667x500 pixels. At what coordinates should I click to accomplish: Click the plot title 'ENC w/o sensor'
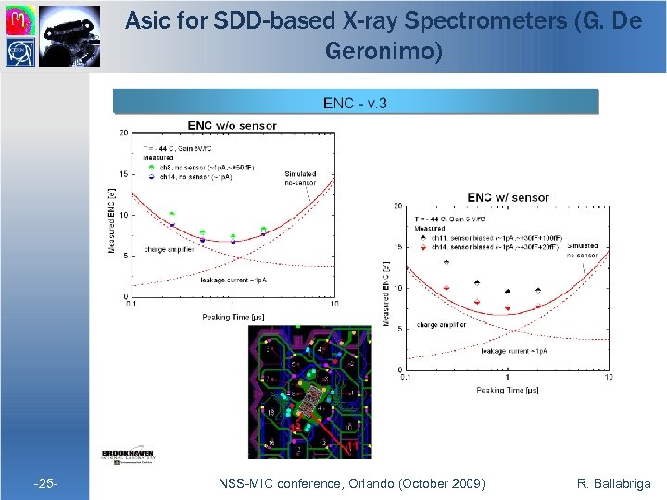click(x=232, y=125)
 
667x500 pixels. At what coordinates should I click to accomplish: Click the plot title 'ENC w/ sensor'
click(x=508, y=197)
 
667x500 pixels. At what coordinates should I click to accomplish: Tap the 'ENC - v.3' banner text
click(x=355, y=102)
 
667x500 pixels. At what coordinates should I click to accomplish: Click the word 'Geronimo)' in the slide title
click(x=384, y=52)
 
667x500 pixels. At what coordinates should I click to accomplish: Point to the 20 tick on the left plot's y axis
click(x=123, y=133)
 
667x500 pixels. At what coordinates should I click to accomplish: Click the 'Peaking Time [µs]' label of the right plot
click(x=508, y=390)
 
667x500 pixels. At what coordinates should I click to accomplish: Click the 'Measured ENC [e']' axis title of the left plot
click(x=112, y=219)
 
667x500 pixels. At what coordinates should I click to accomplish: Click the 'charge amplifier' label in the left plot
click(x=168, y=249)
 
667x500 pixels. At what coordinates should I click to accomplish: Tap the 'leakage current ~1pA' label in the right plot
click(x=514, y=351)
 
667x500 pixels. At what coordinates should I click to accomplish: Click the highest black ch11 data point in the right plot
click(x=447, y=261)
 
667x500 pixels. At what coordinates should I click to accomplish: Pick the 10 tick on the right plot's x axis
click(x=609, y=378)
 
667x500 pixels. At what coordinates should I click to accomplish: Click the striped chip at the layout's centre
click(x=309, y=399)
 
